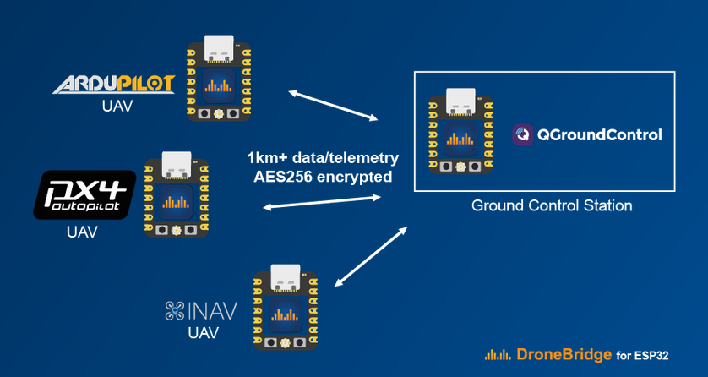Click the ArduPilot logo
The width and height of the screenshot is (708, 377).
(113, 84)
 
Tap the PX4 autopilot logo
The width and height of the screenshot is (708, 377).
(84, 194)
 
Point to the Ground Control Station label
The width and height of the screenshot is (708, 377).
(552, 205)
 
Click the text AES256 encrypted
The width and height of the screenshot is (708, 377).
(322, 178)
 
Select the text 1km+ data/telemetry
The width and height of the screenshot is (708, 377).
(322, 158)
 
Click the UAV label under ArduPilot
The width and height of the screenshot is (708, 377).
(113, 108)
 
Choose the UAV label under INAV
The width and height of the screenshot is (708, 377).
(203, 333)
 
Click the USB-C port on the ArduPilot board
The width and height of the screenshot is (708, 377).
(217, 53)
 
